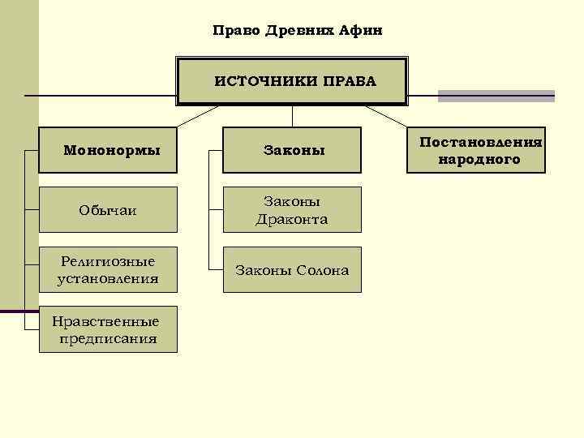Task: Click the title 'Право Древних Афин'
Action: (x=296, y=31)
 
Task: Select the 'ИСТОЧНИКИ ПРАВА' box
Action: (x=293, y=81)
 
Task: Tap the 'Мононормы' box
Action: (x=109, y=150)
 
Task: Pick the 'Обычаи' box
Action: (x=109, y=210)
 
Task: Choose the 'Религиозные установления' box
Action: (x=109, y=270)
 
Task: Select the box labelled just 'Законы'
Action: (x=293, y=150)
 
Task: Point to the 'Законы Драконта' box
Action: (x=293, y=210)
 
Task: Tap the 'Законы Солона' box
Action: (x=293, y=270)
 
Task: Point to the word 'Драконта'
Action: (x=292, y=219)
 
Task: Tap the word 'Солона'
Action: (x=322, y=270)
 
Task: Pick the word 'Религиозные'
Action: (x=108, y=261)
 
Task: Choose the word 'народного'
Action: (x=479, y=160)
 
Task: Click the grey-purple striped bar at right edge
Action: (x=496, y=96)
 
